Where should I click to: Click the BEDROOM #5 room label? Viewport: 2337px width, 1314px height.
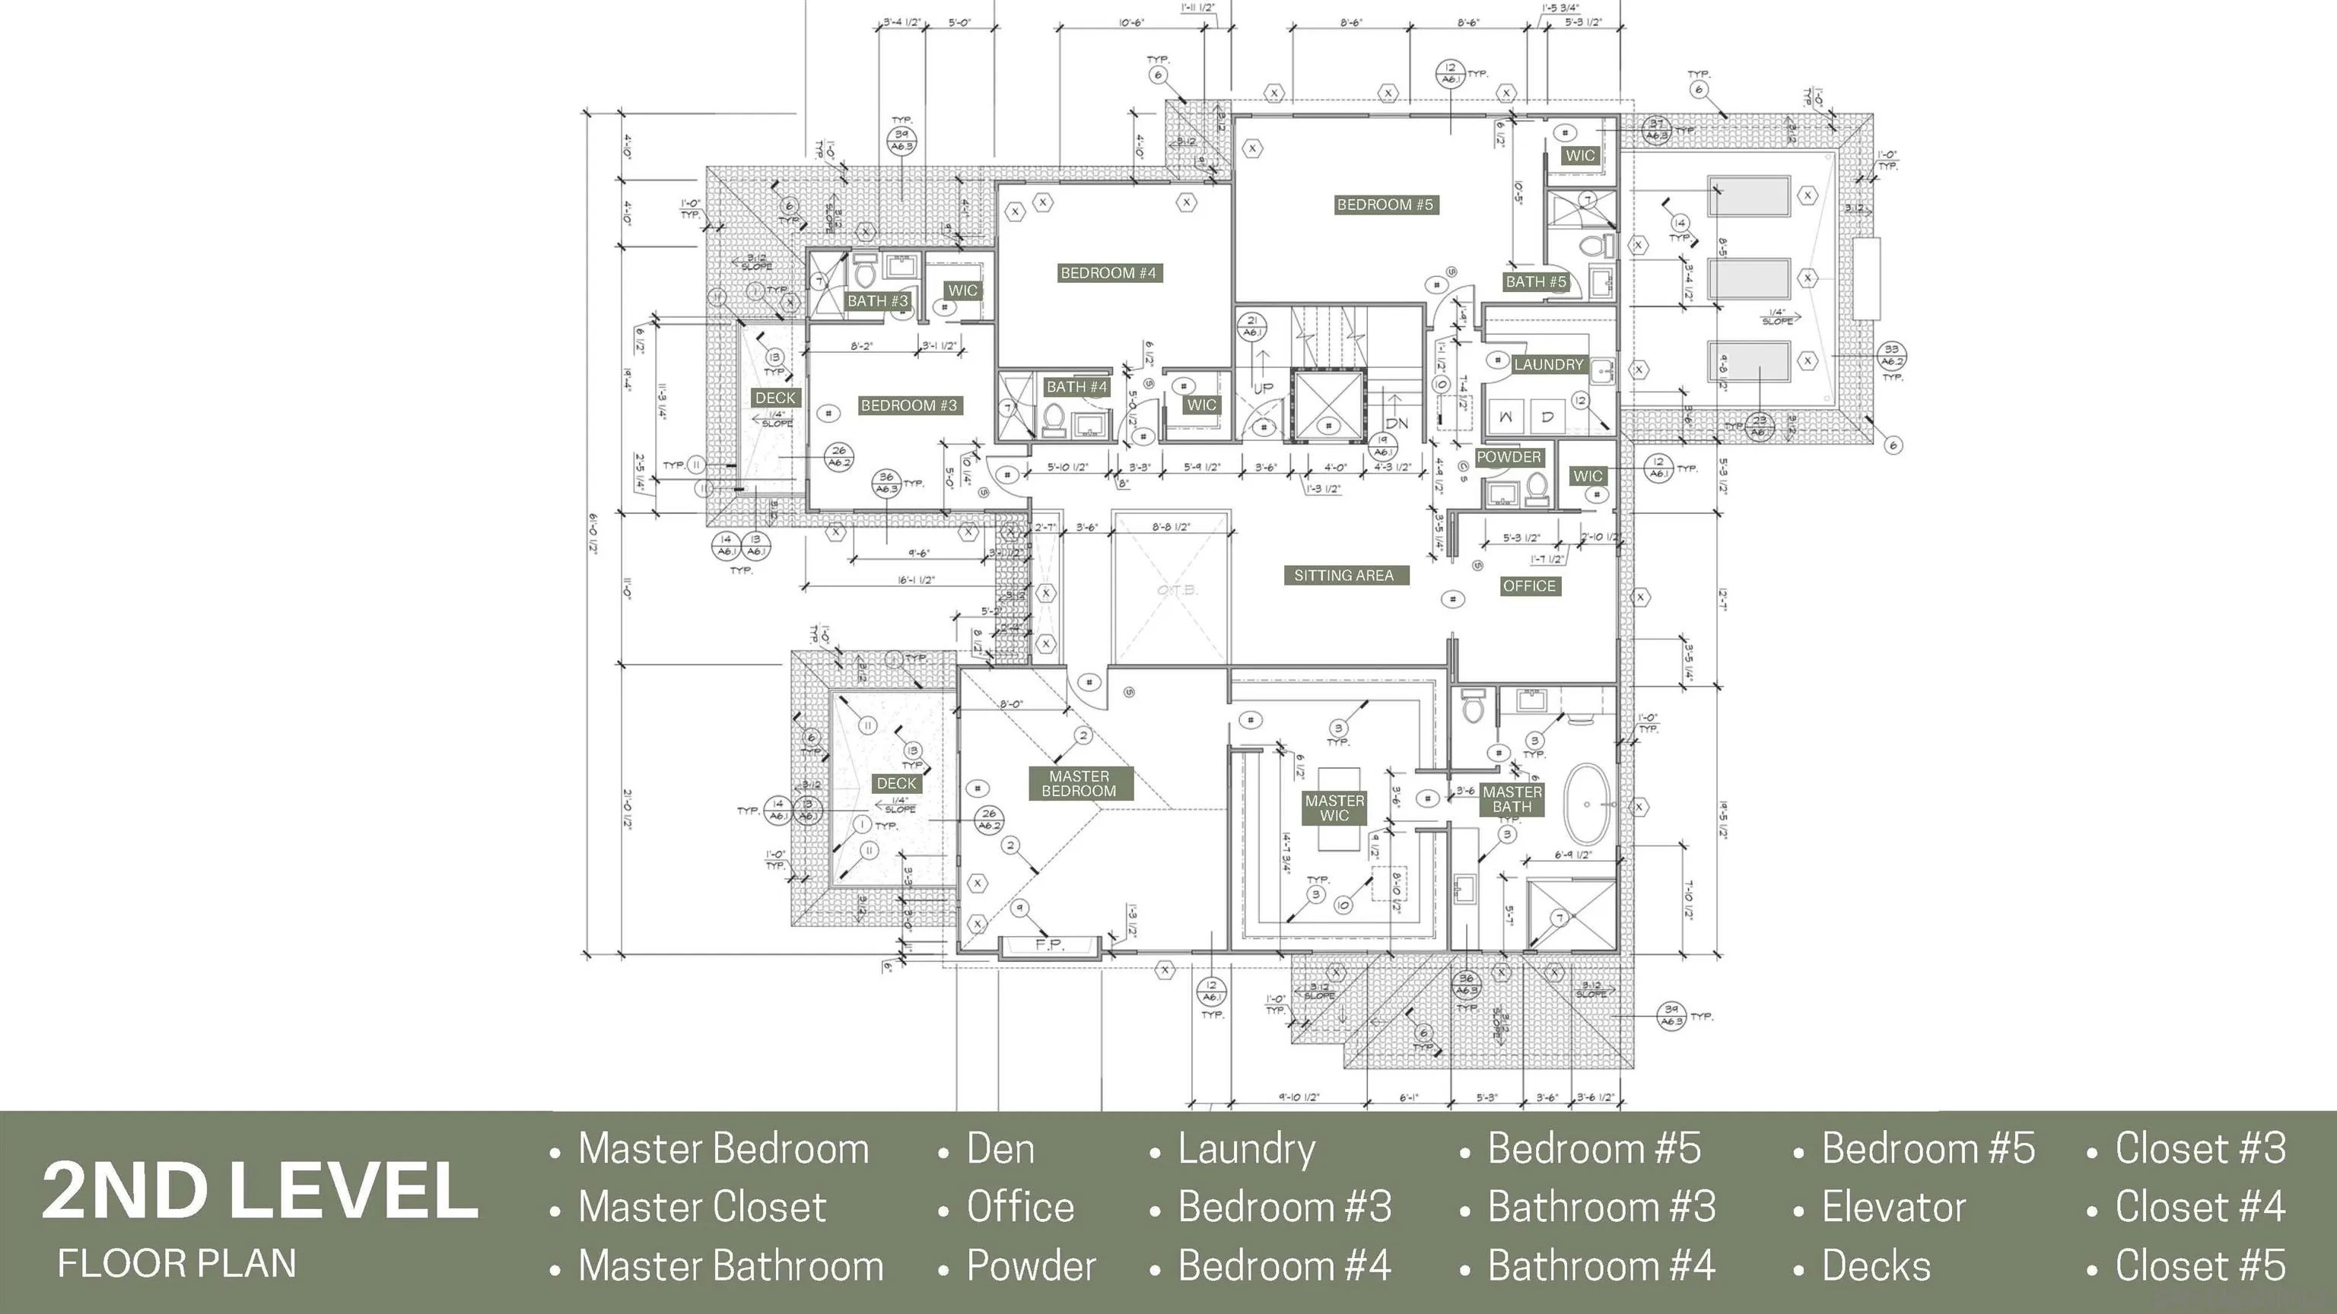pos(1385,205)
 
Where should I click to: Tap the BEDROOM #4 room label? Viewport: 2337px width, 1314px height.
pos(1108,273)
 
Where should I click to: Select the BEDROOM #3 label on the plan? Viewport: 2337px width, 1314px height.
pos(908,405)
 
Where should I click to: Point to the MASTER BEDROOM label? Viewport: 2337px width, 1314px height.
pos(1079,783)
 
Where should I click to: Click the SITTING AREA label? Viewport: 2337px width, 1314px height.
pos(1343,575)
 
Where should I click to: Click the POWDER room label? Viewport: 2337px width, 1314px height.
pos(1508,457)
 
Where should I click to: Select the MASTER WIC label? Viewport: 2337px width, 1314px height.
pos(1334,808)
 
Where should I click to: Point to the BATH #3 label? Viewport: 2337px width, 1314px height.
pos(877,301)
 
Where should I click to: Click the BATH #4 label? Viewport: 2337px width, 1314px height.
pos(1077,387)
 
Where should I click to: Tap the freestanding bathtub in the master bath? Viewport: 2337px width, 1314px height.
pos(1587,804)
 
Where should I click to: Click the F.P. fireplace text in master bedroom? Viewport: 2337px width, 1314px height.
pos(1050,945)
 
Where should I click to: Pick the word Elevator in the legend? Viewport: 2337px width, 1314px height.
pos(1894,1207)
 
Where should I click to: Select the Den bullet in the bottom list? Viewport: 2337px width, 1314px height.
pos(1000,1149)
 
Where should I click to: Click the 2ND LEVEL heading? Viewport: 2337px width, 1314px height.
pos(259,1191)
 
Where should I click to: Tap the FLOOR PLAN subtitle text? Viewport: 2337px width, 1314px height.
pos(177,1263)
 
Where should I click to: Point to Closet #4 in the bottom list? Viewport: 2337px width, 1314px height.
pos(2200,1207)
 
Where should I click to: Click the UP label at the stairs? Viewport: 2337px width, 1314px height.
pos(1264,388)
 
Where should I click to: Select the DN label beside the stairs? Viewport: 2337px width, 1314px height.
pos(1397,424)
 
